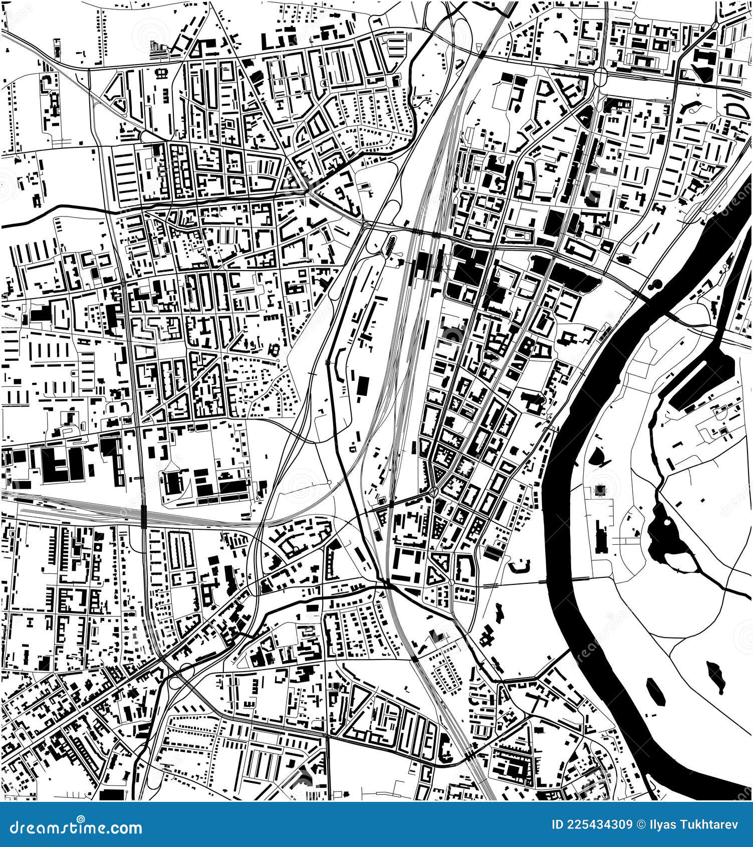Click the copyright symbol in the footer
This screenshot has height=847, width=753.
[641, 824]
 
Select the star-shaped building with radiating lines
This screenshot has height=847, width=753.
[598, 491]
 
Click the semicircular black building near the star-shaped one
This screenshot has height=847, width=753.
[599, 456]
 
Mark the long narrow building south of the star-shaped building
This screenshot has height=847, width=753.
[600, 536]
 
